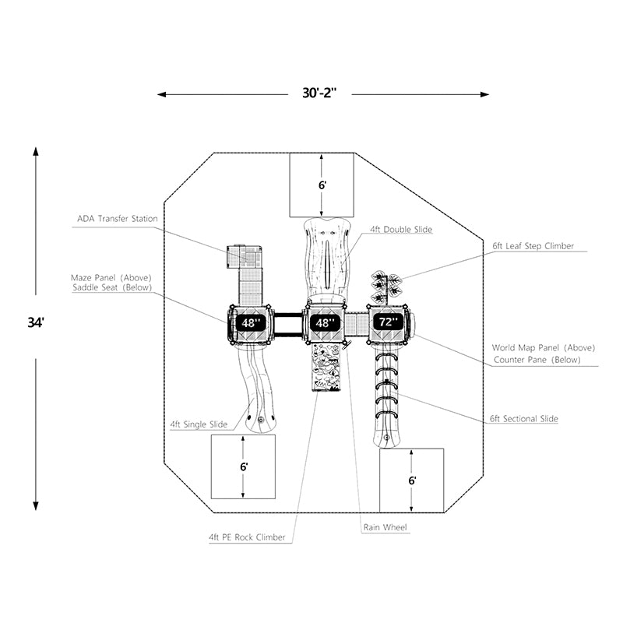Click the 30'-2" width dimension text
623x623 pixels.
(319, 93)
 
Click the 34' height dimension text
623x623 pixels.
(36, 322)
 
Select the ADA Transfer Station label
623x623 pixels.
(118, 219)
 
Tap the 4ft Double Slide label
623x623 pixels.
(401, 229)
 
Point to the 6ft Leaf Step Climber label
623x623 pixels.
(533, 246)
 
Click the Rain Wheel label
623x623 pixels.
(385, 527)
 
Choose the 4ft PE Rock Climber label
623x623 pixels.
(247, 537)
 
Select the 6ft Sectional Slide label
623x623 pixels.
(523, 419)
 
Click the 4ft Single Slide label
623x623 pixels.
(199, 424)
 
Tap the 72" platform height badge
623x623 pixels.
(388, 322)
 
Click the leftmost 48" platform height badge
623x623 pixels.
(251, 322)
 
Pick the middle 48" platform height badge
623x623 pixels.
(325, 322)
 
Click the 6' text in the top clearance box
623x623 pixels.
(322, 185)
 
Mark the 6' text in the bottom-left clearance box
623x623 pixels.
(244, 466)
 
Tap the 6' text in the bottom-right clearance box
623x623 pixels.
(412, 480)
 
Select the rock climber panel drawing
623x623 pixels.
(326, 368)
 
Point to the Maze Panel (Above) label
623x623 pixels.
(111, 278)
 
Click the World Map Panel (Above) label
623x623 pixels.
(543, 347)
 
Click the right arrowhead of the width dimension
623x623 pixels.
(484, 94)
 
